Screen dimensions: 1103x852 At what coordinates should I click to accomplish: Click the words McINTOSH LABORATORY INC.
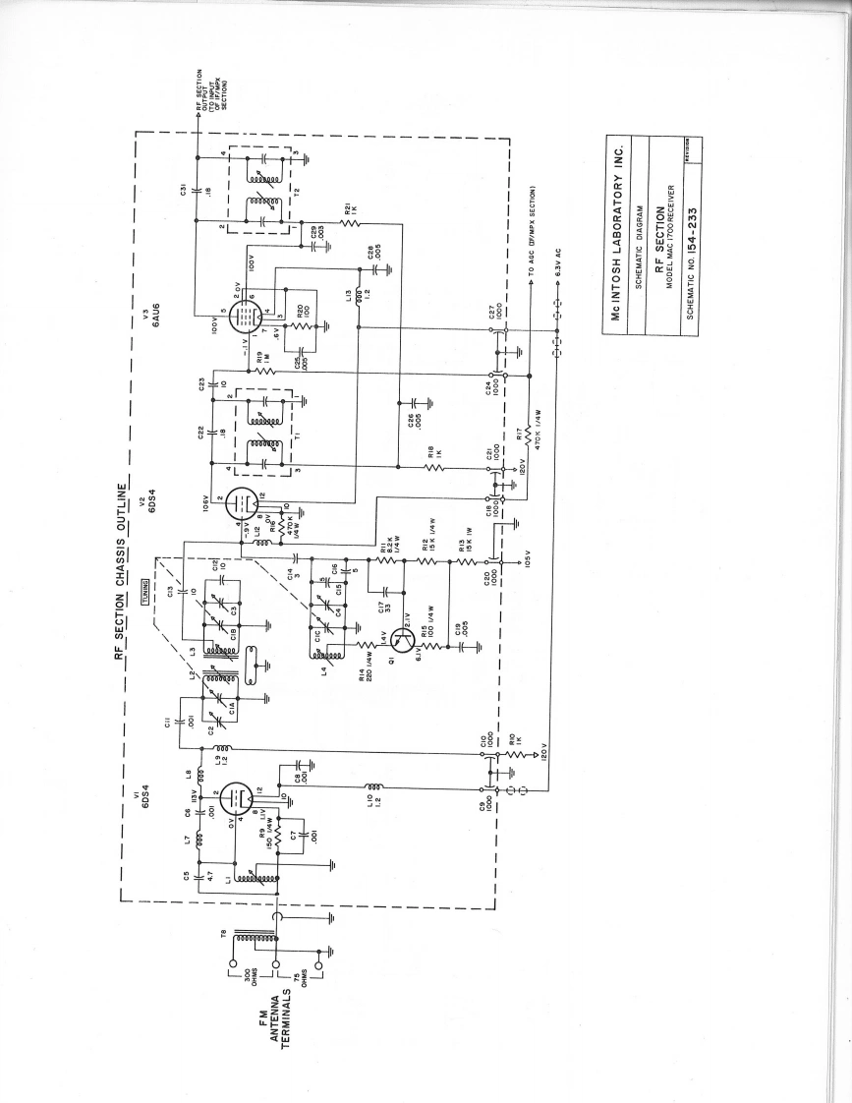click(618, 234)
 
